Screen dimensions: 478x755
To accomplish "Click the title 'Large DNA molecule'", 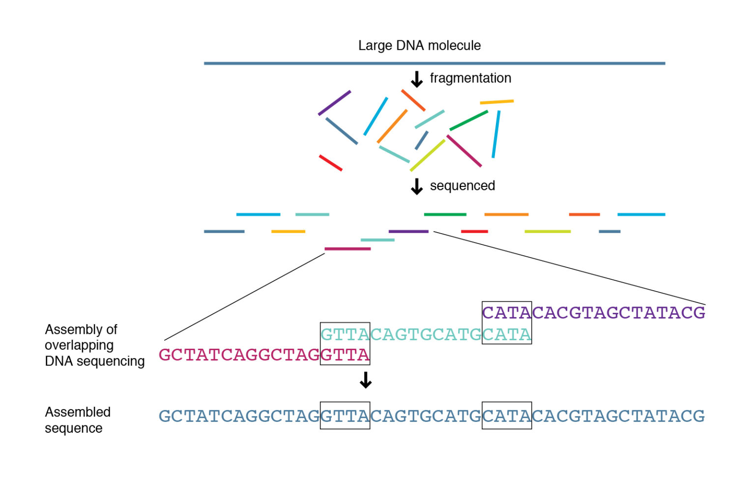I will point(419,46).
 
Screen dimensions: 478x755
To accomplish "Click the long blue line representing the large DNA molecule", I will point(434,63).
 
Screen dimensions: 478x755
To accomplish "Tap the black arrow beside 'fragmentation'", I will point(417,79).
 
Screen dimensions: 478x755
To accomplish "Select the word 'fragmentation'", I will point(470,78).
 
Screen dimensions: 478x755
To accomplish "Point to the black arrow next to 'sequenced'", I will point(417,186).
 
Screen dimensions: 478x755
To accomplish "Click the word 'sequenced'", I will point(462,186).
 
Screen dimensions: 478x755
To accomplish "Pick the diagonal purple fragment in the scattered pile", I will point(334,103).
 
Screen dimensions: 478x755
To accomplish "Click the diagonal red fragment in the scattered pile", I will point(331,163).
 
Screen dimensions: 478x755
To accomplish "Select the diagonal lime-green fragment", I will point(428,155).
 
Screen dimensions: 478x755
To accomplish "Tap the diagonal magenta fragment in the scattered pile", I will point(464,151).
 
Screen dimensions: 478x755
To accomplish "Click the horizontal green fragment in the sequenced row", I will point(445,214).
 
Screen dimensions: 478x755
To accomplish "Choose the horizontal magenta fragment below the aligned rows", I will point(348,249).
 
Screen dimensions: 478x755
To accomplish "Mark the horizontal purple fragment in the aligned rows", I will point(408,231).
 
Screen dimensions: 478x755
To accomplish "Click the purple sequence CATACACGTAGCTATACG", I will point(593,313).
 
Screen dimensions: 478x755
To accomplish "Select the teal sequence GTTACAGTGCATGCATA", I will point(426,335).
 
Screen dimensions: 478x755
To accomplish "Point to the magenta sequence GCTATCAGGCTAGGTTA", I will point(264,355).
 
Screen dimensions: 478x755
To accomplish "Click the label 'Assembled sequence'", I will point(77,420).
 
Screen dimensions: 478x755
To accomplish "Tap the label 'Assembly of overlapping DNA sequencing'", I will point(94,345).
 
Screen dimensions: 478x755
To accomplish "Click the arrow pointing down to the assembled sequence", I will point(365,380).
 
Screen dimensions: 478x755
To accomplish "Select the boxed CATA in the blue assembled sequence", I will point(506,416).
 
